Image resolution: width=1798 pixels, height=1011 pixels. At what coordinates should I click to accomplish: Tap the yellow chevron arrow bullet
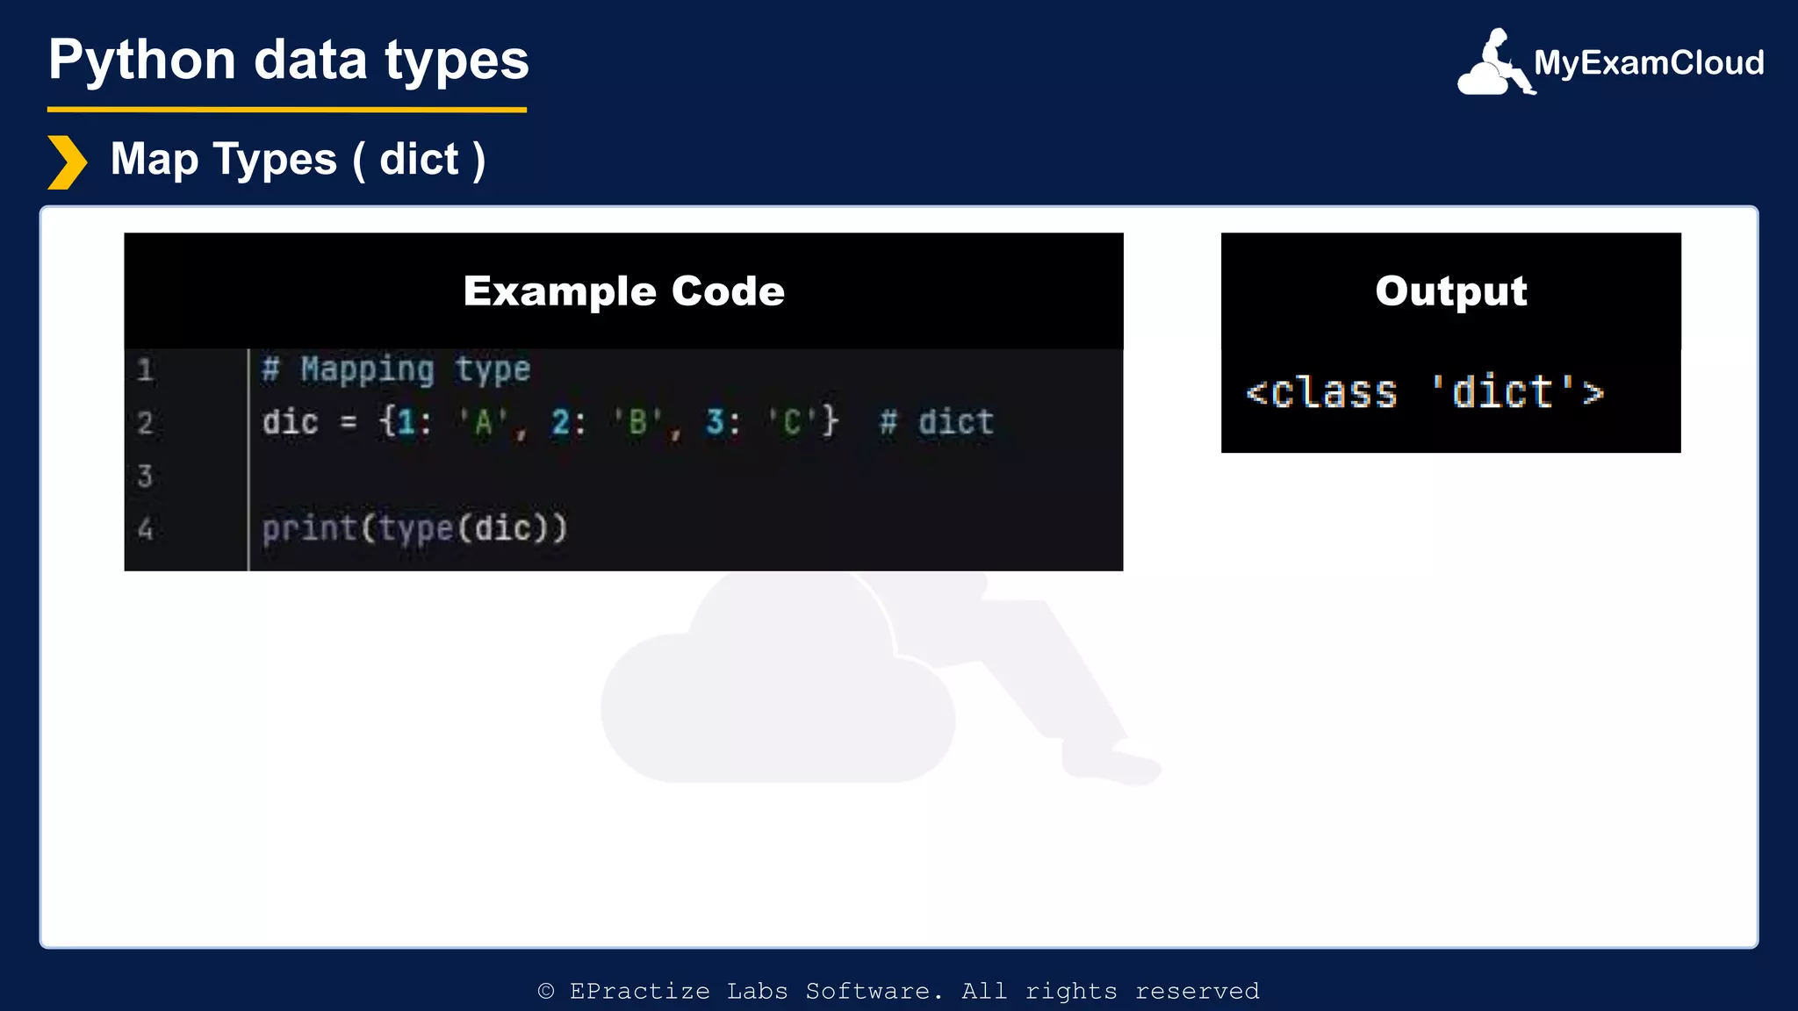click(67, 162)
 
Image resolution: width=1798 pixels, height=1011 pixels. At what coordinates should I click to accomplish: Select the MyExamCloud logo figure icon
click(1494, 62)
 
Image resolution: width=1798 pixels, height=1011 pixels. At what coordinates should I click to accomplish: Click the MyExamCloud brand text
click(1649, 63)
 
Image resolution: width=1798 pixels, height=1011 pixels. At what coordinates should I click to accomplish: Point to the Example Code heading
click(623, 290)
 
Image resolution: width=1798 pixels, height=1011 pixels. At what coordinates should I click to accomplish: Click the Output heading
click(1450, 290)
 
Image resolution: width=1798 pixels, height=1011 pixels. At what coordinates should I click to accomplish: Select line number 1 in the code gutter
click(146, 370)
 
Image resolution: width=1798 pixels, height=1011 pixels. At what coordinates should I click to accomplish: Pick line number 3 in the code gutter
click(146, 477)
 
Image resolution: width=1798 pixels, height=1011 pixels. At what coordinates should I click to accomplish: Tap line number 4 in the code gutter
click(146, 529)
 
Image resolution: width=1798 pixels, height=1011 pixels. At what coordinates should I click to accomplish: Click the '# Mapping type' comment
click(396, 369)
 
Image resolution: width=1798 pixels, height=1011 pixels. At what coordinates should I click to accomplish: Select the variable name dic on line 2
click(290, 423)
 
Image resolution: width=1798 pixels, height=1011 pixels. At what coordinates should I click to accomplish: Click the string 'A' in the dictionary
click(483, 423)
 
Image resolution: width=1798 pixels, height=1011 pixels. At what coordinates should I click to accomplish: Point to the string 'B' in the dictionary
click(637, 423)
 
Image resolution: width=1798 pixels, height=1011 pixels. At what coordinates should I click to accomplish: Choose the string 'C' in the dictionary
click(792, 423)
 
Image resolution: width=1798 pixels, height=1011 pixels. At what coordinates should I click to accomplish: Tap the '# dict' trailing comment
click(937, 423)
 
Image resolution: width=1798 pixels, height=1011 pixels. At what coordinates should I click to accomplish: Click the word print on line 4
click(309, 529)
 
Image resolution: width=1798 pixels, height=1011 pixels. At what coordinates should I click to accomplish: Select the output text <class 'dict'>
click(1424, 392)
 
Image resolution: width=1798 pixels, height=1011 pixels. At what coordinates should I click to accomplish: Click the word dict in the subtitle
click(419, 160)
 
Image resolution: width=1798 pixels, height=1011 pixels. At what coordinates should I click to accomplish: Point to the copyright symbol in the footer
click(546, 992)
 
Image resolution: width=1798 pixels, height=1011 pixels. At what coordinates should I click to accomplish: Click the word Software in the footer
click(867, 992)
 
